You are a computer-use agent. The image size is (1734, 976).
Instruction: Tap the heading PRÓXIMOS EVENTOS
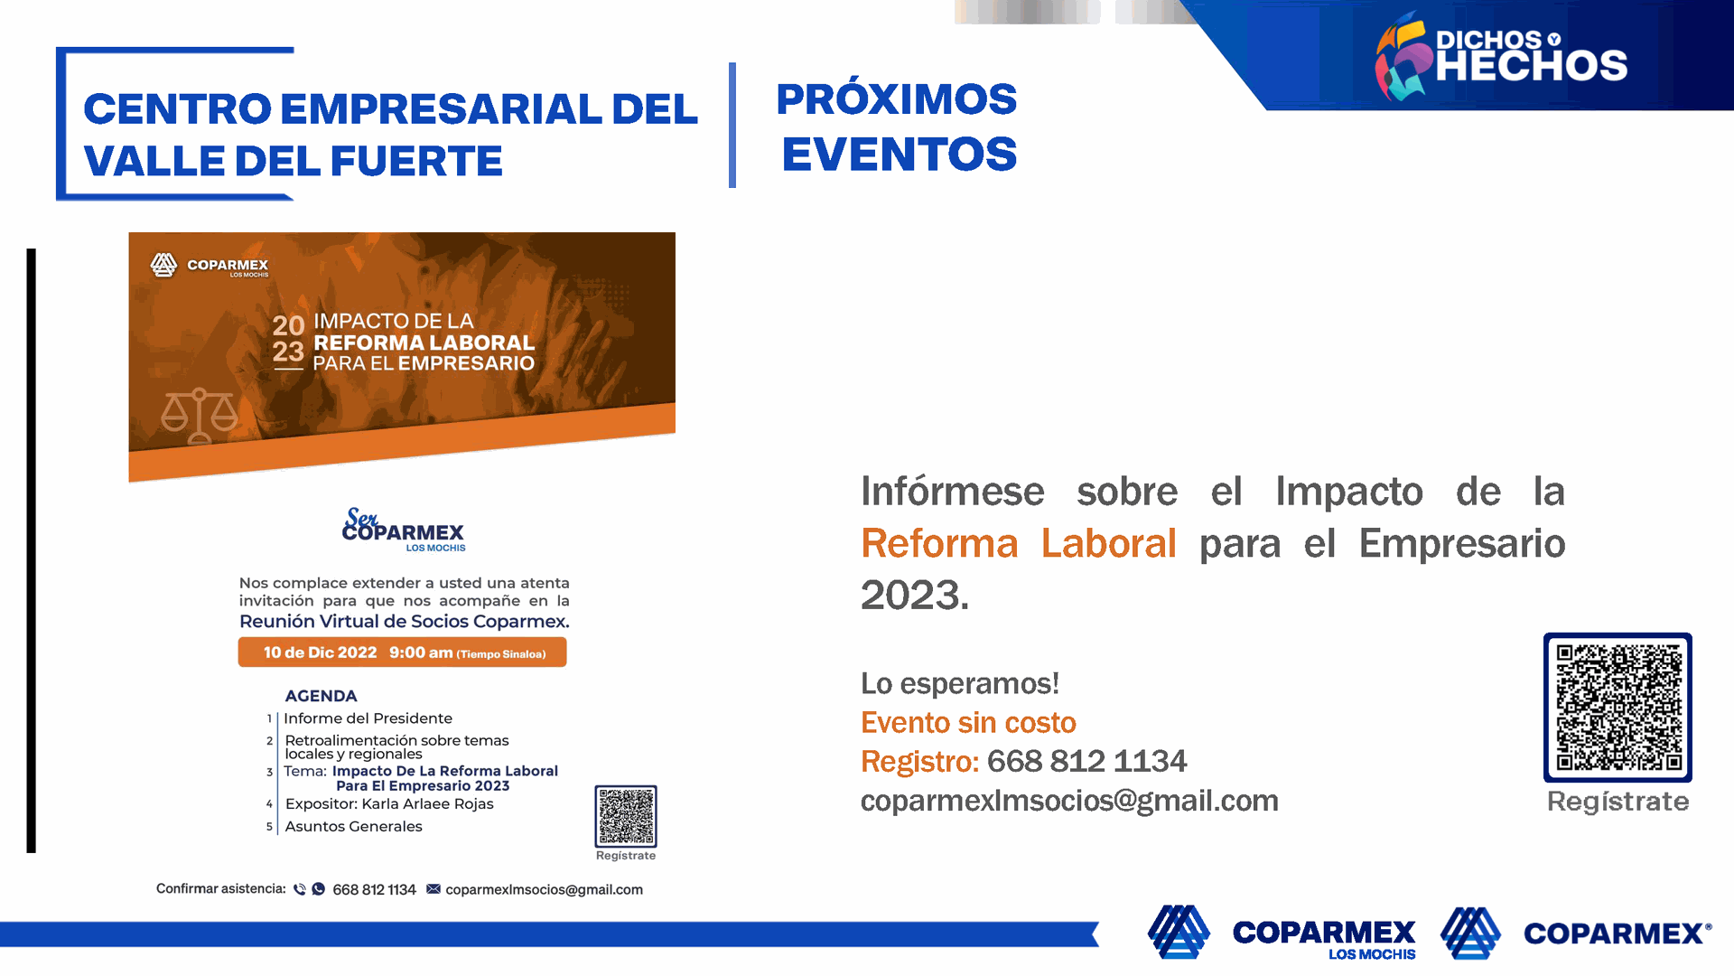pyautogui.click(x=898, y=127)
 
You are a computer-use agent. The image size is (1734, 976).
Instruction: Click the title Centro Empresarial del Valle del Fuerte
pyautogui.click(x=390, y=135)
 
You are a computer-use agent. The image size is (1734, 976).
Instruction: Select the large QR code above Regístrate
pyautogui.click(x=1617, y=708)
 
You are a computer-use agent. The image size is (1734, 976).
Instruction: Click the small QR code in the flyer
pyautogui.click(x=626, y=816)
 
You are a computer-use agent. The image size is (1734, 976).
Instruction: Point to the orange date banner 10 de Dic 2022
pyautogui.click(x=402, y=652)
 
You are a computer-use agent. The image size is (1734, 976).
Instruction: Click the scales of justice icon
pyautogui.click(x=200, y=416)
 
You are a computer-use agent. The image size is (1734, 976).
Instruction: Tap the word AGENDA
pyautogui.click(x=321, y=696)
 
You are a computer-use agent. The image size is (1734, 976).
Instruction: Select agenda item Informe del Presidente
pyautogui.click(x=368, y=718)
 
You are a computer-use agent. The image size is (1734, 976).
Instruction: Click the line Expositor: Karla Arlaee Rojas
pyautogui.click(x=389, y=804)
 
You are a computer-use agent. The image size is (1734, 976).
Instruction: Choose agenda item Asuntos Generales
pyautogui.click(x=353, y=826)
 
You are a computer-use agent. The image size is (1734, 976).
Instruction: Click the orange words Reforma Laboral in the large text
pyautogui.click(x=1018, y=543)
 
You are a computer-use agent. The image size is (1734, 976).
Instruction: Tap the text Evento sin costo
pyautogui.click(x=968, y=723)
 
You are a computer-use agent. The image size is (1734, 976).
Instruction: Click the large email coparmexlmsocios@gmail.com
pyautogui.click(x=1069, y=802)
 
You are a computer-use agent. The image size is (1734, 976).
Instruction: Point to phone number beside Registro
pyautogui.click(x=1086, y=762)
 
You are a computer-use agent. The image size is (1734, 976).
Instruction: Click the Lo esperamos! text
pyautogui.click(x=959, y=684)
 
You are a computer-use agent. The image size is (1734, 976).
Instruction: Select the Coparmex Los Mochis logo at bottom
pyautogui.click(x=1282, y=933)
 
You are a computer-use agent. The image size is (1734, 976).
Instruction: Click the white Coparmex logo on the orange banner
pyautogui.click(x=210, y=265)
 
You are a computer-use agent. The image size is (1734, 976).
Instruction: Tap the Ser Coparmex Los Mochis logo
pyautogui.click(x=404, y=530)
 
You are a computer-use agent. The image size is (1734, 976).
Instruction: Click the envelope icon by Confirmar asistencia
pyautogui.click(x=433, y=889)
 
